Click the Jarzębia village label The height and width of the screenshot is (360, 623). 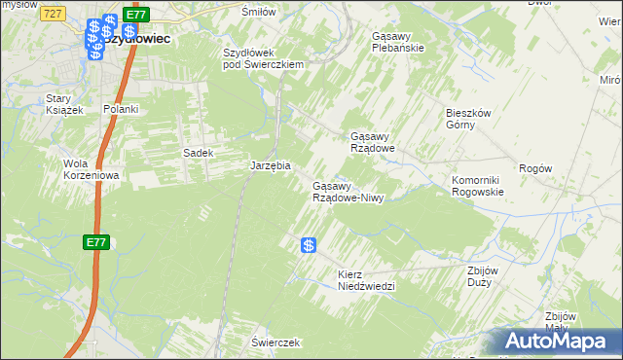click(x=272, y=166)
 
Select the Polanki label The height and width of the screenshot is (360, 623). click(x=122, y=109)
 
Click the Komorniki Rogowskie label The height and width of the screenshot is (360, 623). click(x=477, y=186)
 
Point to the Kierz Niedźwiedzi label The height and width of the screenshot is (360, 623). click(x=366, y=280)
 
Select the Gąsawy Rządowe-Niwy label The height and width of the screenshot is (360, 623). click(x=348, y=192)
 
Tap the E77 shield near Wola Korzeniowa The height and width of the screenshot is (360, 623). click(x=94, y=242)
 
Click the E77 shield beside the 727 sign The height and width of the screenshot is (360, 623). click(x=135, y=15)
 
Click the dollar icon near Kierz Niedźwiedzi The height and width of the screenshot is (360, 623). click(x=309, y=247)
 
